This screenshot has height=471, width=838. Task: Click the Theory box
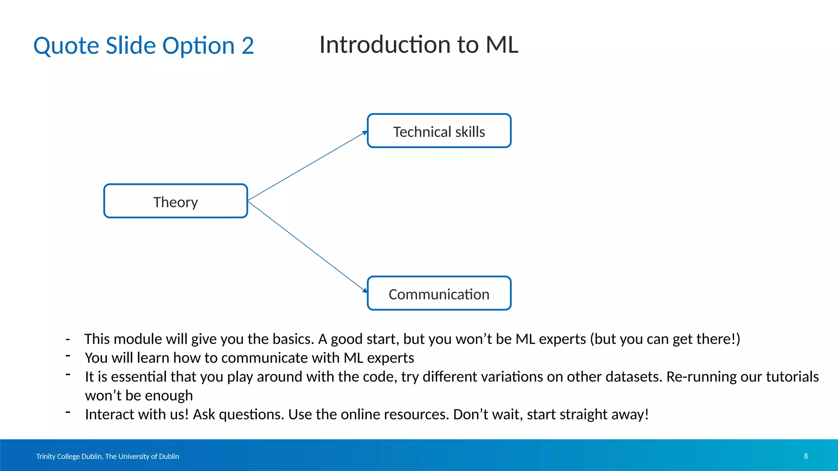pyautogui.click(x=176, y=202)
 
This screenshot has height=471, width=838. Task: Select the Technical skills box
pyautogui.click(x=439, y=131)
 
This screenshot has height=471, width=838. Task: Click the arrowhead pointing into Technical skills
pyautogui.click(x=365, y=133)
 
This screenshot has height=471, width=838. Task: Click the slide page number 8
pyautogui.click(x=806, y=456)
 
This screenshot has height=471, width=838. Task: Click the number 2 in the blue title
pyautogui.click(x=247, y=45)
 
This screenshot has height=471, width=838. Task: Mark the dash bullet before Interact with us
pyautogui.click(x=68, y=412)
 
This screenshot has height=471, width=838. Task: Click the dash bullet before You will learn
pyautogui.click(x=68, y=355)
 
